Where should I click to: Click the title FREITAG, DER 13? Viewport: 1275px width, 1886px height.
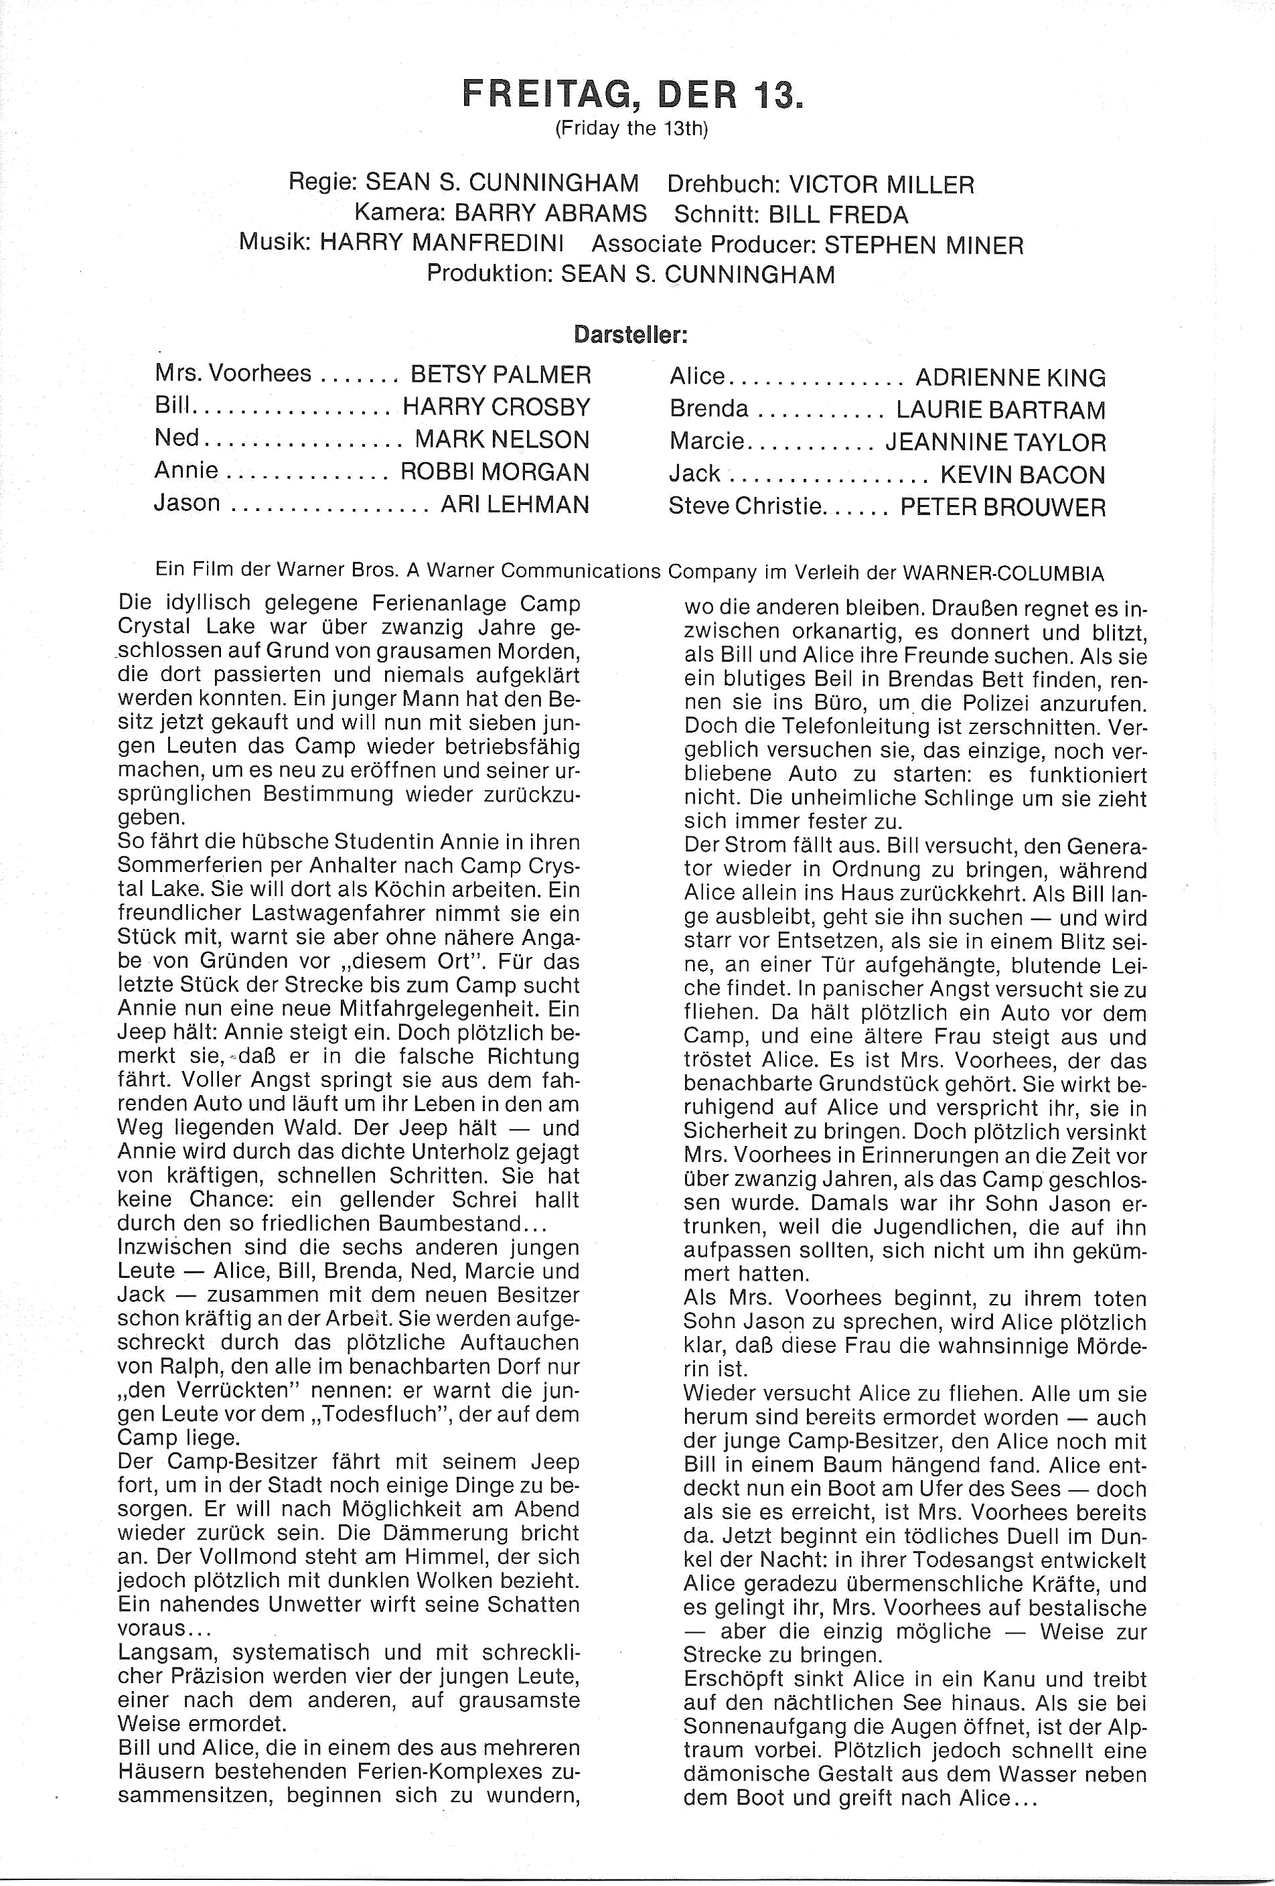[632, 95]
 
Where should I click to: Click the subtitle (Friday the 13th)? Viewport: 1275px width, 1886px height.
[631, 129]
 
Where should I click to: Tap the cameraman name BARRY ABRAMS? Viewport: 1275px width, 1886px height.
[550, 214]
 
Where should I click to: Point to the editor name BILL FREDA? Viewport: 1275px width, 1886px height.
[838, 215]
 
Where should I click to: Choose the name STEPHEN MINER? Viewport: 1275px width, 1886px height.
[923, 245]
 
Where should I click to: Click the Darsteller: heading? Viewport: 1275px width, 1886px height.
[631, 334]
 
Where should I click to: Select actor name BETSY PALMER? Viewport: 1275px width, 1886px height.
[501, 374]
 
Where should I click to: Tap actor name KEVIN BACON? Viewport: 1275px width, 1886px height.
[1023, 475]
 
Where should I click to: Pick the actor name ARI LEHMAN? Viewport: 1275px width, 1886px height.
[514, 505]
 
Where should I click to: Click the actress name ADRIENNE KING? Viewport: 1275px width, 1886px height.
[1010, 378]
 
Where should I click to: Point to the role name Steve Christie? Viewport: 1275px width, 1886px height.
[746, 506]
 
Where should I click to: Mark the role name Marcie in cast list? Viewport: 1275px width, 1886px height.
[705, 441]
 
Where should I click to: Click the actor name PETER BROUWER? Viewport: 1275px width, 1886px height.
[1003, 508]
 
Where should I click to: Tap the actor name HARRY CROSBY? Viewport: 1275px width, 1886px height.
[497, 407]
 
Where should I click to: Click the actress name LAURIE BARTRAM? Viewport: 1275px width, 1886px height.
[1000, 411]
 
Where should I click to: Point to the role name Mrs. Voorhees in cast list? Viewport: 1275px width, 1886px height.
[233, 373]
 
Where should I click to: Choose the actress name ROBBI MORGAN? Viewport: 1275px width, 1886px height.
[495, 472]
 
